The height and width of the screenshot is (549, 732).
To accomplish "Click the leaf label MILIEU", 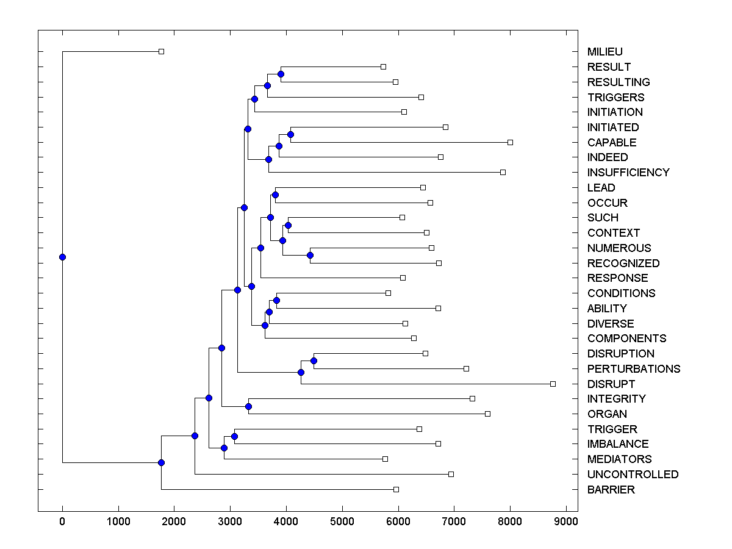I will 605,52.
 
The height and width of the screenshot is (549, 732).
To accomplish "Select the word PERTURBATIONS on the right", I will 633,368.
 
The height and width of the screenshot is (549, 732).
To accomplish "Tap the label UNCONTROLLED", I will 633,474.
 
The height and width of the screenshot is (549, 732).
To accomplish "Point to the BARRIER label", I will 611,489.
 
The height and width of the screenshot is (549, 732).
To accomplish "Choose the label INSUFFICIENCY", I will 628,172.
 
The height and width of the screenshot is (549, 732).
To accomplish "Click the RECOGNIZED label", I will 623,263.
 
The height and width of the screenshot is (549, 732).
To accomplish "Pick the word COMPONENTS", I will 626,338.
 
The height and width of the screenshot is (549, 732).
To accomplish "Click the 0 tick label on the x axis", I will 62,522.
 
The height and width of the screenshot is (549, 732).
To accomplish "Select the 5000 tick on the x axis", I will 342,522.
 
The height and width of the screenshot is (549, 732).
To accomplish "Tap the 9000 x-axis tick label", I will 566,522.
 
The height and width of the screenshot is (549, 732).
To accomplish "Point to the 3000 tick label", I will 230,522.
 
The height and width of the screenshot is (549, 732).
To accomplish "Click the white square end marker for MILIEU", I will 161,51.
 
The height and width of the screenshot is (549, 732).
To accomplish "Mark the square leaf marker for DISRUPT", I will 553,384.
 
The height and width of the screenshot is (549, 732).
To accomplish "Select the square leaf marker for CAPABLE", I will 510,142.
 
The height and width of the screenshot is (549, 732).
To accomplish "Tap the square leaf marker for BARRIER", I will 396,489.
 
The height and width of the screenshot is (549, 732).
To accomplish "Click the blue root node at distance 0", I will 62,257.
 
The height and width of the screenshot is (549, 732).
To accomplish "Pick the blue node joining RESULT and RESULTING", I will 281,74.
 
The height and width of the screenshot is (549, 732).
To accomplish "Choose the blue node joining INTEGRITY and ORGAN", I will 248,406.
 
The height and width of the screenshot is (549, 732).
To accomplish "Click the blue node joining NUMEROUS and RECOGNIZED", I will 310,256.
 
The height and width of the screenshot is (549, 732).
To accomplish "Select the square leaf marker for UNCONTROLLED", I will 451,474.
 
